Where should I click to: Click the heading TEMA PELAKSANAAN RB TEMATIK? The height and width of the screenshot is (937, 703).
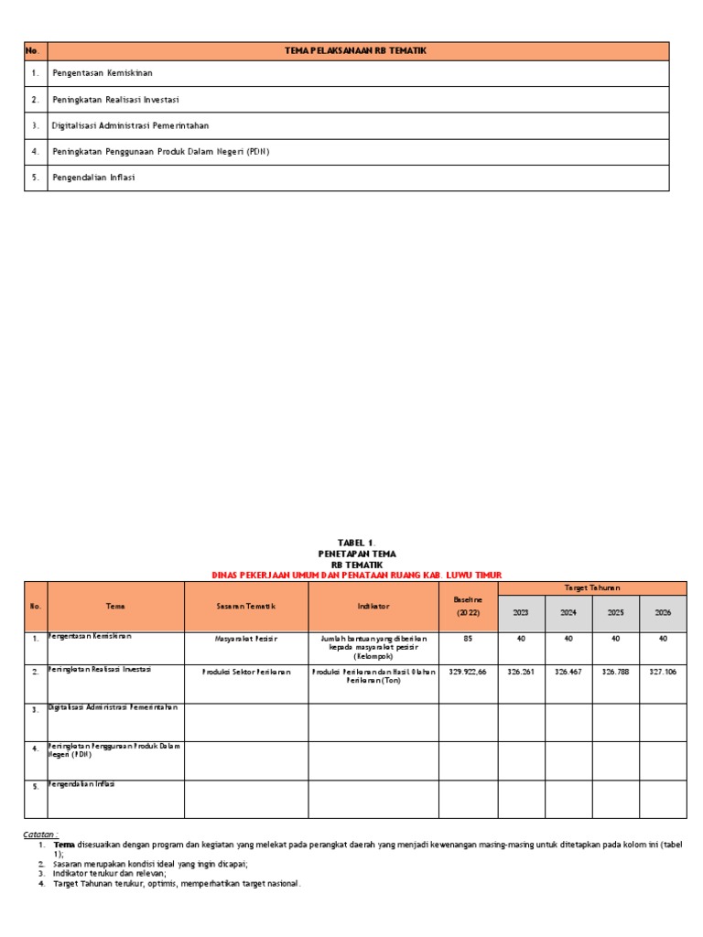pos(356,50)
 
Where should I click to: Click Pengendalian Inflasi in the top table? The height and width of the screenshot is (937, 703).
pos(93,178)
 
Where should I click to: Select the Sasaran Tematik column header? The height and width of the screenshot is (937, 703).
pos(246,606)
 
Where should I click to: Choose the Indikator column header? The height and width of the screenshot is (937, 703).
pos(373,606)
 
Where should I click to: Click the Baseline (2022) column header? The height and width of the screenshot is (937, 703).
pos(468,605)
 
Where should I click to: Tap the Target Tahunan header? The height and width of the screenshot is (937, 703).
pos(591,587)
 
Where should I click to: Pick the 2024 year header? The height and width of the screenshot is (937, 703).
pos(568,613)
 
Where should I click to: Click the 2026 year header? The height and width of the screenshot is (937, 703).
pos(663,613)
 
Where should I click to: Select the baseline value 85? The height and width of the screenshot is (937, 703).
pos(468,639)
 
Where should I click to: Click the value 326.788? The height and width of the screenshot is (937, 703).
pos(615,671)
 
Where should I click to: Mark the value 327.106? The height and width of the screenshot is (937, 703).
pos(663,671)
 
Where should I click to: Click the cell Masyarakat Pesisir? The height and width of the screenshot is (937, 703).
pos(246,639)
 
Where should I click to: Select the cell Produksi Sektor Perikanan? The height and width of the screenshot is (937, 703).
pos(246,671)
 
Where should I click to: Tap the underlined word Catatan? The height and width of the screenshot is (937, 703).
pos(40,834)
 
